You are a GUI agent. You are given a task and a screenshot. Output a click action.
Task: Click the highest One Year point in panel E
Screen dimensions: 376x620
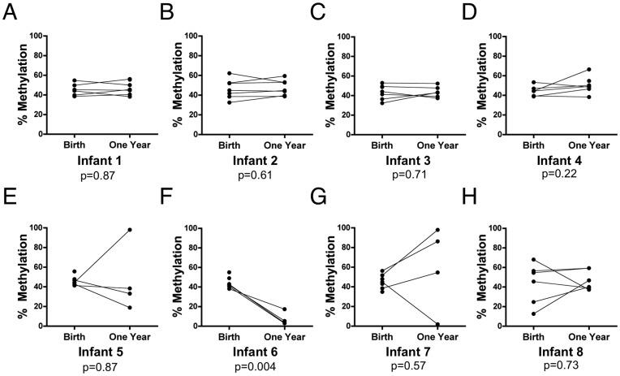[x=129, y=230]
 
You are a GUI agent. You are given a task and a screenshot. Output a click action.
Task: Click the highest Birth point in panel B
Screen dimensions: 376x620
[x=229, y=73]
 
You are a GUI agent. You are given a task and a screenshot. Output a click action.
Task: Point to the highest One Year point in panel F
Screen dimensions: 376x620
[x=285, y=309]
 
